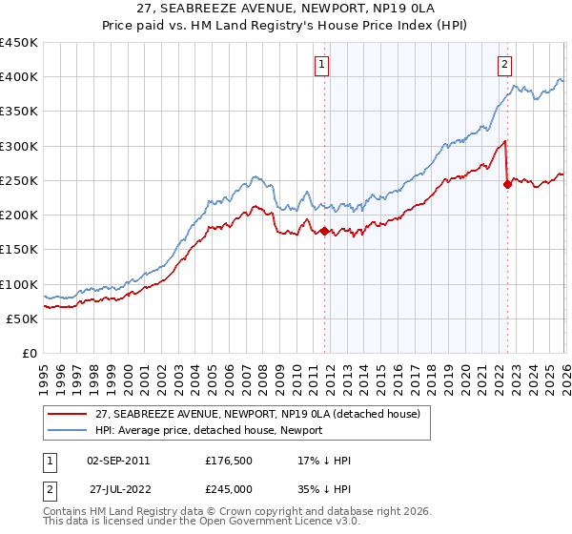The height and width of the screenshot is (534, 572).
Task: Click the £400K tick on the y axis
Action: click(19, 77)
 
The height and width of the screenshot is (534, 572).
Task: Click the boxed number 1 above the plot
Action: click(322, 65)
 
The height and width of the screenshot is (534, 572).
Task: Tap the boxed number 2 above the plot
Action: click(503, 65)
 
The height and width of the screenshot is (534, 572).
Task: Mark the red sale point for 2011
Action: click(324, 231)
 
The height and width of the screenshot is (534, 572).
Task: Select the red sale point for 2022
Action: click(507, 184)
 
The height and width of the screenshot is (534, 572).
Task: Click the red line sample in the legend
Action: click(69, 414)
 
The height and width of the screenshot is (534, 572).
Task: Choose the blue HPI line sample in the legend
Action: click(69, 430)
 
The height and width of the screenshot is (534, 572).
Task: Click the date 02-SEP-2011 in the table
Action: click(117, 461)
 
